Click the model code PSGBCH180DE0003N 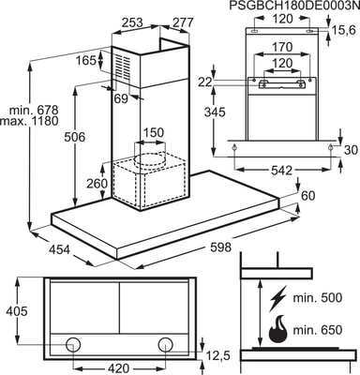(x=292, y=6)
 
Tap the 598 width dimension (x=220, y=247)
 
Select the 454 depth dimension (x=59, y=249)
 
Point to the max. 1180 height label (x=29, y=121)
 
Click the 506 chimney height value (x=74, y=137)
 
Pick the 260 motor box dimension (x=97, y=183)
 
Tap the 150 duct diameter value (x=154, y=132)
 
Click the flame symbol (x=277, y=330)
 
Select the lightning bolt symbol (x=277, y=298)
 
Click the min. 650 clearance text (x=318, y=330)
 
